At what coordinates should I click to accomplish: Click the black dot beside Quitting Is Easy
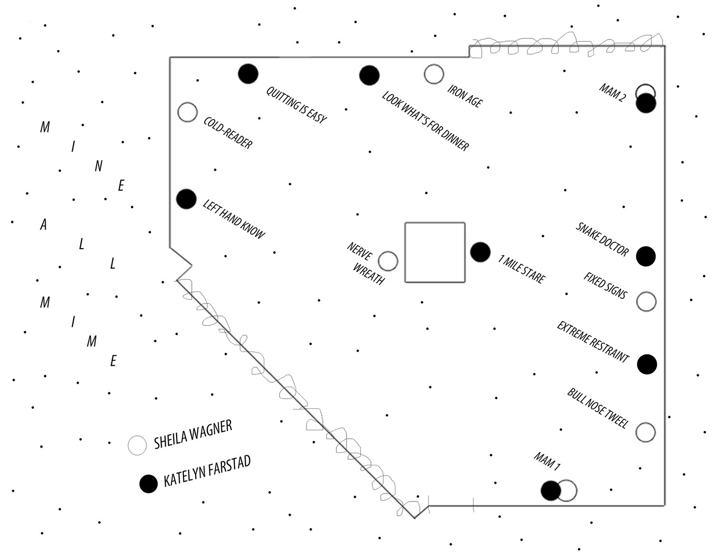point(248,73)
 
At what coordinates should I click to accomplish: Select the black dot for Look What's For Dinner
point(369,75)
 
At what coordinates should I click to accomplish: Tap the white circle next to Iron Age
point(434,74)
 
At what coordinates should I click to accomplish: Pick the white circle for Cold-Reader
point(187,112)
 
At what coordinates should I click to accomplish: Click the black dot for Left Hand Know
point(186,199)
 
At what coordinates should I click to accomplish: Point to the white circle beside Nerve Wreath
point(388,261)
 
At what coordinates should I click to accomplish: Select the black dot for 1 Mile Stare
point(480,252)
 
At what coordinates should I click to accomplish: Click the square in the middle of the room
point(435,252)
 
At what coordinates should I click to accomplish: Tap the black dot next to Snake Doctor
point(646,256)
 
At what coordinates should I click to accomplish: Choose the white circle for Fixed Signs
point(646,301)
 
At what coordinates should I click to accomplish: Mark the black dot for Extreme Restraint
point(647,364)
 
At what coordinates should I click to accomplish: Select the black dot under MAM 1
point(551,491)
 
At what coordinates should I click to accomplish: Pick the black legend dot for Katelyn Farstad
point(149,484)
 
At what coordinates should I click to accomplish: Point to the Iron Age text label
point(465,96)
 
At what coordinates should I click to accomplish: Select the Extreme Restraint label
point(593,341)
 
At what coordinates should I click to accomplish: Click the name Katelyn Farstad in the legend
point(207,472)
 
